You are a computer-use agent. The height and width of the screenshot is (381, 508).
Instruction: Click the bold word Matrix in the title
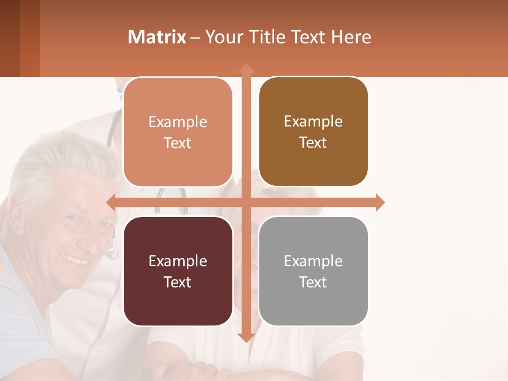tap(157, 37)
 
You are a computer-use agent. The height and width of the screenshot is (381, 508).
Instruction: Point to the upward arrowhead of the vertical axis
tap(246, 69)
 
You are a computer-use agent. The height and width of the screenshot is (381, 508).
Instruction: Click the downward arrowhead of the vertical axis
tap(246, 337)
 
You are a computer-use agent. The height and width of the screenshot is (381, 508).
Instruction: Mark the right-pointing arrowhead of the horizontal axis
tap(379, 202)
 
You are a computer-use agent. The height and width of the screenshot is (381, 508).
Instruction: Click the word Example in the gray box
tap(313, 261)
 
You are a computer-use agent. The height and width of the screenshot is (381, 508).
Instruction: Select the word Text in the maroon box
tap(178, 282)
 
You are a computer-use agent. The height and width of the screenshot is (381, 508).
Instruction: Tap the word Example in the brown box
tap(313, 122)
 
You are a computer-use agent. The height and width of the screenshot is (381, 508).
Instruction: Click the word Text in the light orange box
tap(178, 143)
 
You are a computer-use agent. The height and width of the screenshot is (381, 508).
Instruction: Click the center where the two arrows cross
tap(246, 202)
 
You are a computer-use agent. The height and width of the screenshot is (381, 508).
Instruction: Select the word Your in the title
tap(222, 37)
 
